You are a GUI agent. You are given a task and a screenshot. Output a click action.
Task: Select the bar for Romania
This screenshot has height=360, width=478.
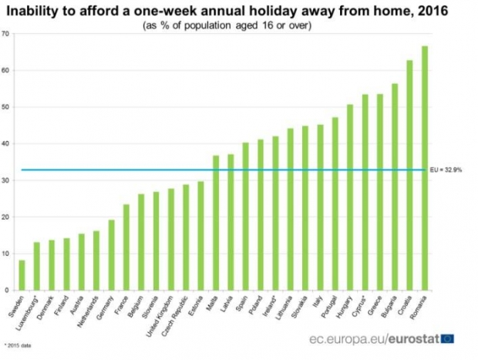pos(425,170)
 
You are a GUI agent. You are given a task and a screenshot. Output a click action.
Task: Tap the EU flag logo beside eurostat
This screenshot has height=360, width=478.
pos(448,338)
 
